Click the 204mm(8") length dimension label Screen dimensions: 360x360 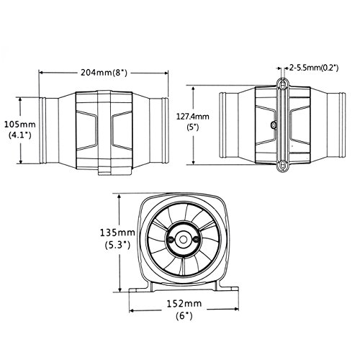104,72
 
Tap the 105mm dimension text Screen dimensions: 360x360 20,125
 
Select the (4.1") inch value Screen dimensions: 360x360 20,135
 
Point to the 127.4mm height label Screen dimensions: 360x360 193,117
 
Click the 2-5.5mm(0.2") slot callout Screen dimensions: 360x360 314,68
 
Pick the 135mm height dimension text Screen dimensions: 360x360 117,233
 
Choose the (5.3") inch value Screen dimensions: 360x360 117,245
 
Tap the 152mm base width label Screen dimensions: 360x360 184,304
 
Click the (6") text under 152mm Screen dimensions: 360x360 184,315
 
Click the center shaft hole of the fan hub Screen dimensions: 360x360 184,240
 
